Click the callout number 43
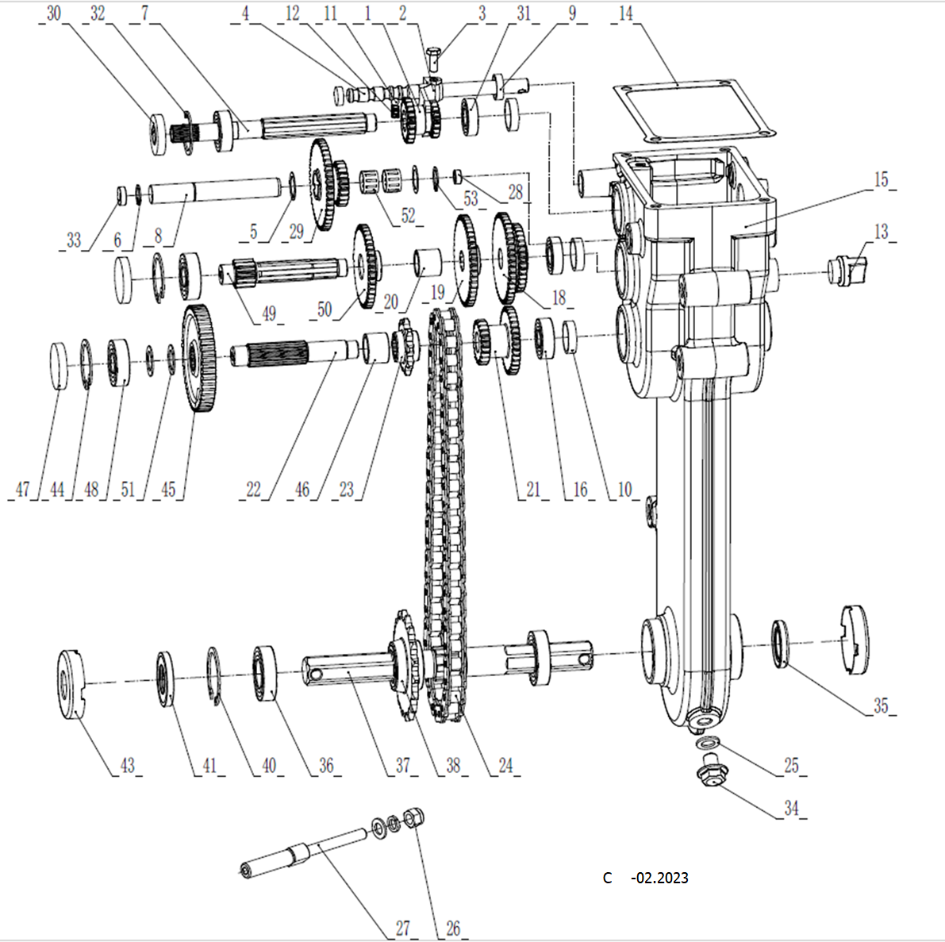[128, 766]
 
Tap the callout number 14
[626, 14]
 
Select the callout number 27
[403, 928]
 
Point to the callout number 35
[881, 705]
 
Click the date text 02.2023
[659, 878]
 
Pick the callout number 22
[253, 489]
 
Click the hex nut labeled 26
[413, 817]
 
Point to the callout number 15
[881, 180]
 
